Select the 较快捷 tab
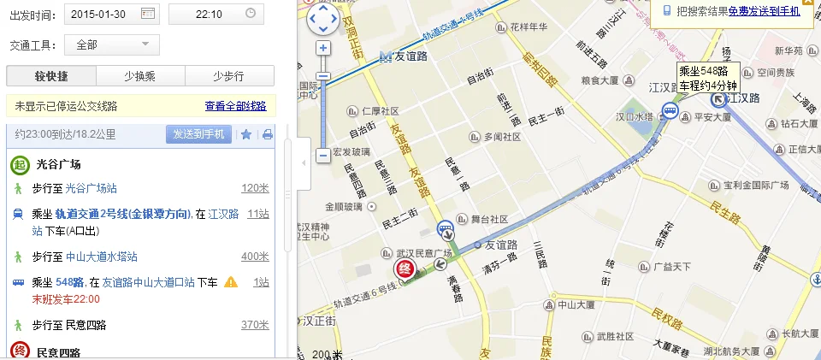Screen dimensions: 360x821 pyautogui.click(x=50, y=76)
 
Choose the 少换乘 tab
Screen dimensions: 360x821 pyautogui.click(x=140, y=76)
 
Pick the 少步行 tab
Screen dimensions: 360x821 pyautogui.click(x=229, y=76)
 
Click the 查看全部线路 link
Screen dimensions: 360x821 pyautogui.click(x=235, y=107)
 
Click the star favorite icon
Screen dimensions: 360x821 pyautogui.click(x=246, y=134)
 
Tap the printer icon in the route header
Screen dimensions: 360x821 pyautogui.click(x=267, y=134)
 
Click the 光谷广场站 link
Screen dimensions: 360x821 pyautogui.click(x=92, y=188)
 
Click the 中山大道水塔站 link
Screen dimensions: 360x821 pyautogui.click(x=102, y=257)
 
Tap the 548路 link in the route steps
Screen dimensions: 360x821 pyautogui.click(x=69, y=282)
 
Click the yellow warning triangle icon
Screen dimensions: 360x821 pyautogui.click(x=231, y=282)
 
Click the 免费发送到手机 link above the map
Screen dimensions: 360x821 pyautogui.click(x=764, y=11)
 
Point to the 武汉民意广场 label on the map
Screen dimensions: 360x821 pyautogui.click(x=423, y=254)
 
